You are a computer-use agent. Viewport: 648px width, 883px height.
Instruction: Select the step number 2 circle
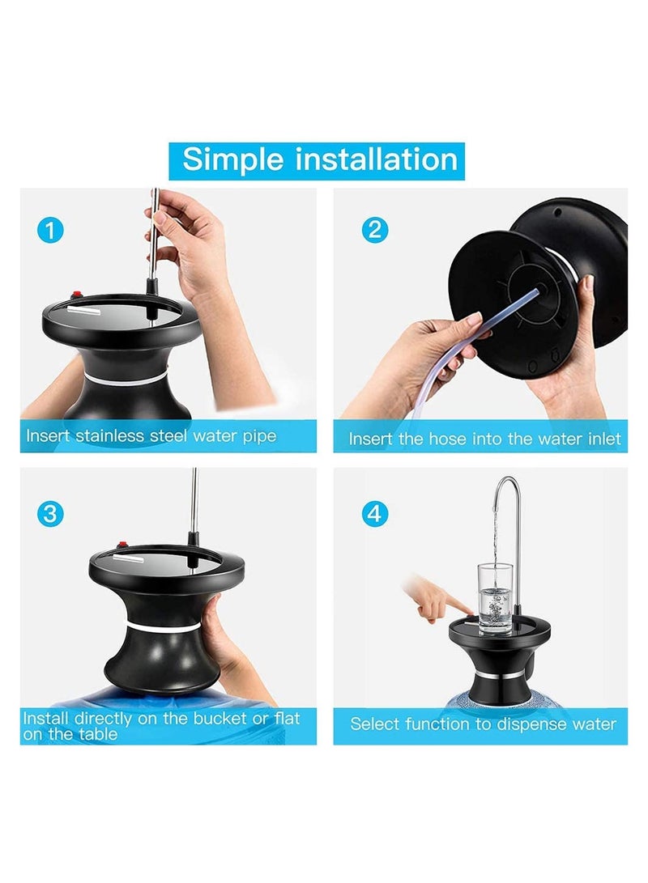[374, 230]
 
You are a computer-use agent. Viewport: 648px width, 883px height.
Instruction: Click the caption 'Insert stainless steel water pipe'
[151, 436]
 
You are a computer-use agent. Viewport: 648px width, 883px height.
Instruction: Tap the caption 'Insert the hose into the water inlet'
[484, 439]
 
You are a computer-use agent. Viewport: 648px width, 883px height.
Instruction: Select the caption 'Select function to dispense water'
[483, 724]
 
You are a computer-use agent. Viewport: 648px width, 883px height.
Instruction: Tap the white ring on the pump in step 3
[162, 626]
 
